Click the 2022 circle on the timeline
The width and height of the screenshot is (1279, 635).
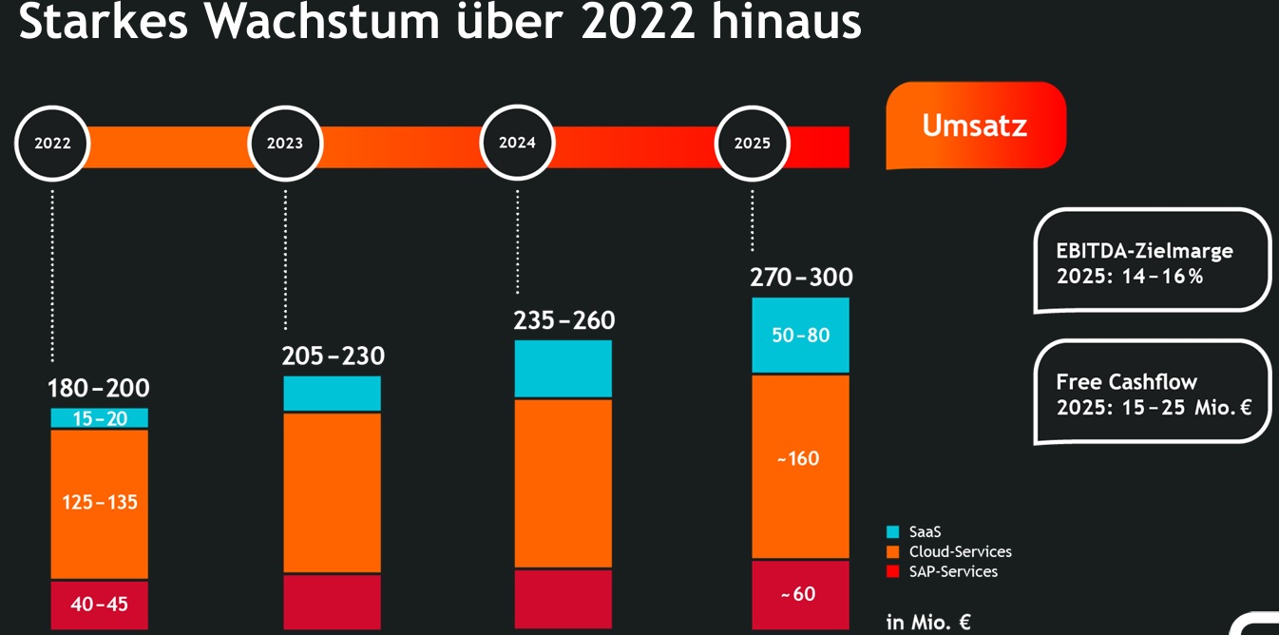tap(53, 144)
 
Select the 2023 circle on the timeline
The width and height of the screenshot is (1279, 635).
tap(285, 144)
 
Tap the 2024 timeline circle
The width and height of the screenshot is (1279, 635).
tap(518, 144)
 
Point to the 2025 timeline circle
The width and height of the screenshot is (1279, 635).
tap(752, 144)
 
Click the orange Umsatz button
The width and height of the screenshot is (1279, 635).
tap(975, 125)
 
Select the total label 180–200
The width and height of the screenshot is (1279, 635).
tap(99, 388)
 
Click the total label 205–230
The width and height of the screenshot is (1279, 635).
tap(333, 356)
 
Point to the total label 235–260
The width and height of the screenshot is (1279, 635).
tap(564, 321)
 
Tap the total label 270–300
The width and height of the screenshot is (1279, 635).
tap(801, 278)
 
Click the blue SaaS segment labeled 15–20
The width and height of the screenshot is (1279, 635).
tap(100, 418)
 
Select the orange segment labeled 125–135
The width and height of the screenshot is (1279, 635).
tap(100, 503)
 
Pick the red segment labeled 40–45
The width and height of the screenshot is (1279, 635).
tap(100, 605)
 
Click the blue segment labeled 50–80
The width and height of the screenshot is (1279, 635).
tap(800, 336)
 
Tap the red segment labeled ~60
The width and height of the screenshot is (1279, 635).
tap(800, 594)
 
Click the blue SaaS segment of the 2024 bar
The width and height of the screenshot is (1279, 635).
tap(563, 369)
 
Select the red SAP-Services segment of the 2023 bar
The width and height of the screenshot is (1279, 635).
tap(333, 601)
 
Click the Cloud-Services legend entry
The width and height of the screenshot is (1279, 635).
tap(960, 551)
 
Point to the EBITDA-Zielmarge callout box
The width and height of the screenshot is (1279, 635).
tap(1152, 261)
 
